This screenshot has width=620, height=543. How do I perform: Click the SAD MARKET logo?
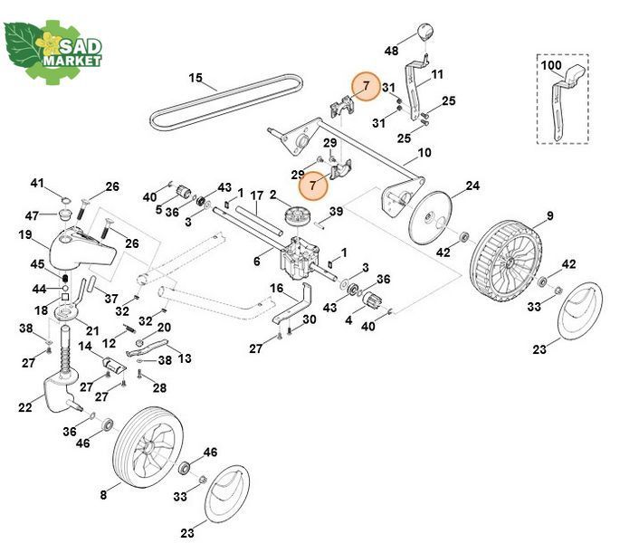pos(52,52)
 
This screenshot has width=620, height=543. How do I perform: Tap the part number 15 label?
pos(196,78)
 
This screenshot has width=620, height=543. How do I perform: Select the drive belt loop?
pos(226,102)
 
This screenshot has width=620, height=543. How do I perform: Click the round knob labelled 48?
pos(425,32)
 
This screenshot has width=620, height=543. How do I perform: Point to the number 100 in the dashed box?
pos(550,65)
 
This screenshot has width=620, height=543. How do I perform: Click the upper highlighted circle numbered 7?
pos(367,86)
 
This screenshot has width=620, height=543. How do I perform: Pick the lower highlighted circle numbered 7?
pos(313,186)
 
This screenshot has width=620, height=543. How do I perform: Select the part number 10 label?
pos(424,152)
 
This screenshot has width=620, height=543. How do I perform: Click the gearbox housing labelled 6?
pos(300,258)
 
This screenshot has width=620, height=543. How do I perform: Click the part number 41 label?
pos(37,183)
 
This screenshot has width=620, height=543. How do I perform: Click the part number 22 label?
pos(25,406)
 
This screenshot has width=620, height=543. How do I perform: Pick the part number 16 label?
pos(276,289)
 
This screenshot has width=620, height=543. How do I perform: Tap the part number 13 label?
pos(185,357)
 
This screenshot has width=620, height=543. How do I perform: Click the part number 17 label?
pos(256,195)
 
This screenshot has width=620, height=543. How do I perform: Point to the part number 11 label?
pos(436,74)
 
